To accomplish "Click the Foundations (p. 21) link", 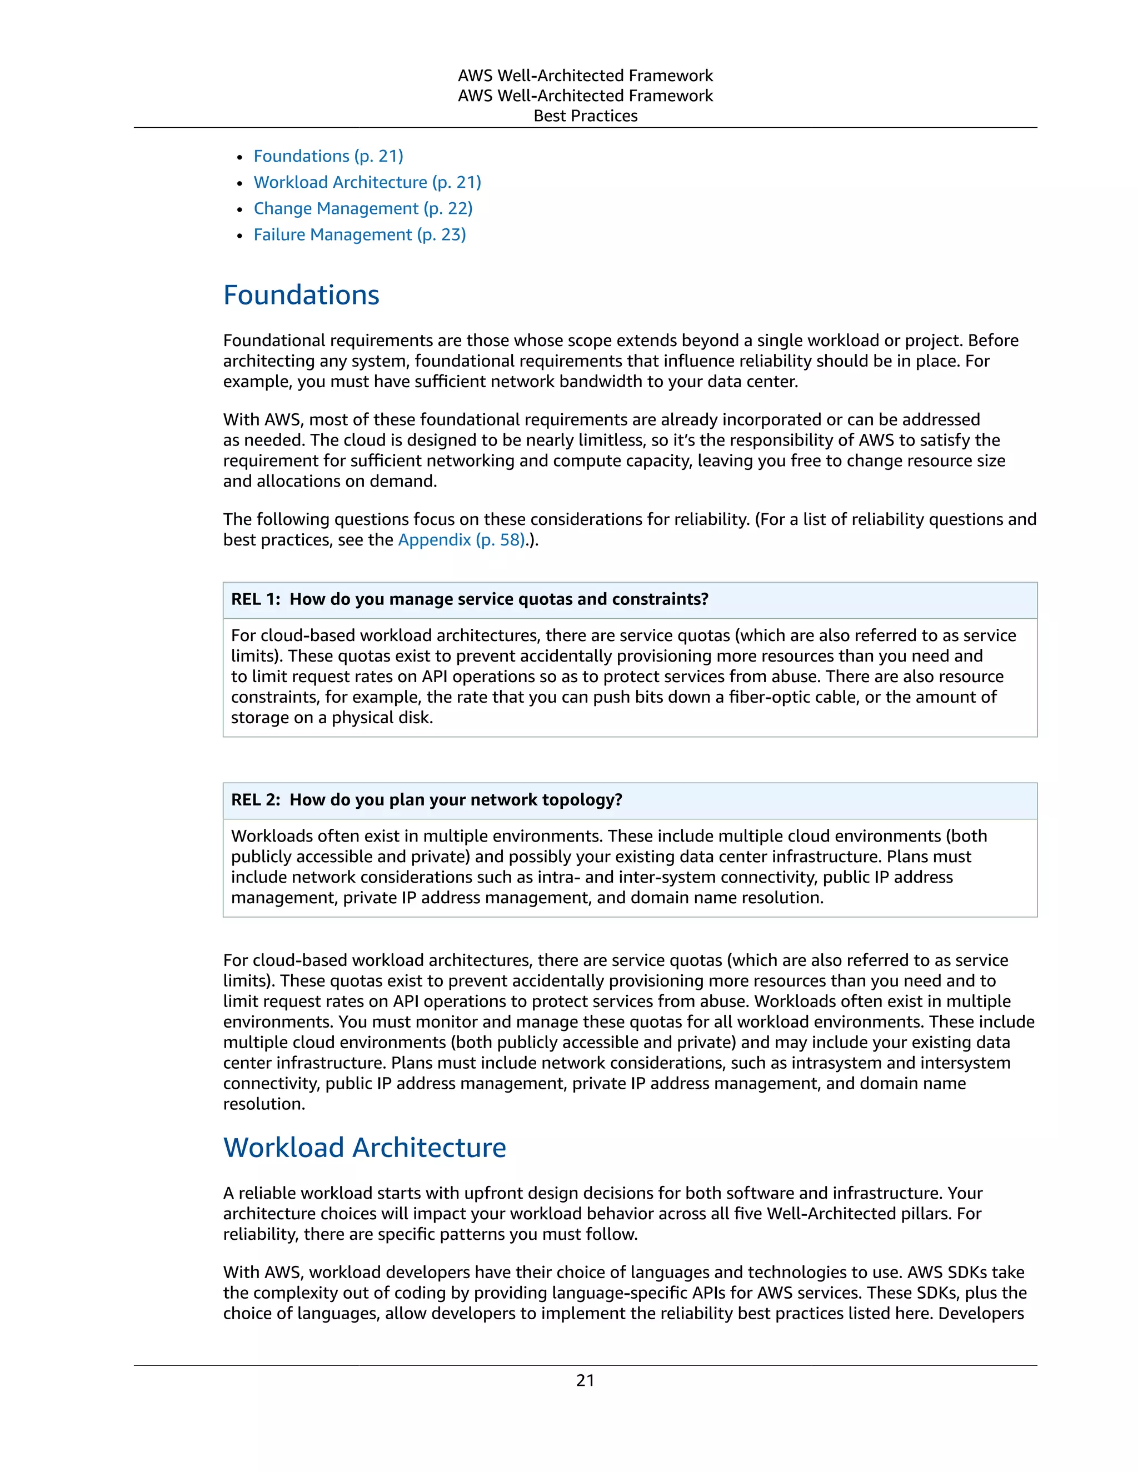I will coord(328,157).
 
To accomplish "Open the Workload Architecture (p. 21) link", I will coord(367,183).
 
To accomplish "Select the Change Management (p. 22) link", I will coord(363,209).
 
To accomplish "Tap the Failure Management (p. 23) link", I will coord(360,235).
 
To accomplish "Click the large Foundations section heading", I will coord(301,295).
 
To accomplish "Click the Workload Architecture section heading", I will coord(364,1148).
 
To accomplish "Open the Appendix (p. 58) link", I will coord(461,540).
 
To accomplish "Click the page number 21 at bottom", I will coord(585,1380).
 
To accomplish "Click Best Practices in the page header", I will coord(585,116).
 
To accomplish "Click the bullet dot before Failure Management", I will coord(239,237).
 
